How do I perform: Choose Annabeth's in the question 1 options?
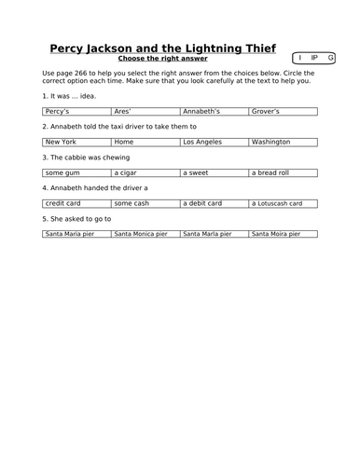(x=201, y=111)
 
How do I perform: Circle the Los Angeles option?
(x=201, y=142)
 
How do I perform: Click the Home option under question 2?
(x=124, y=142)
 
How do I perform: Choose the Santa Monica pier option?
(x=140, y=234)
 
